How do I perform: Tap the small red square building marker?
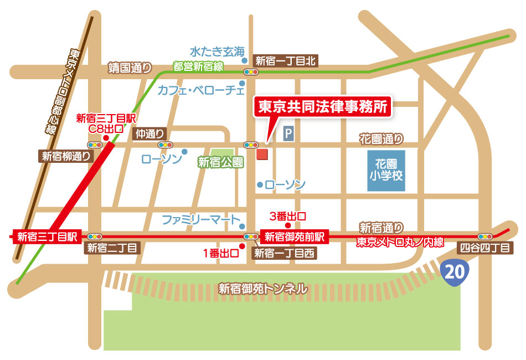pyautogui.click(x=262, y=154)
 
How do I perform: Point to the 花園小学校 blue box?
pyautogui.click(x=386, y=171)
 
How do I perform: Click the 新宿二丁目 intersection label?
pyautogui.click(x=112, y=249)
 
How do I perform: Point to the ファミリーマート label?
pyautogui.click(x=202, y=220)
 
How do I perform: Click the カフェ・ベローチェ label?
pyautogui.click(x=201, y=89)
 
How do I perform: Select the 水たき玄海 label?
pyautogui.click(x=216, y=52)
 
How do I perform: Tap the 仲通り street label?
pyautogui.click(x=150, y=133)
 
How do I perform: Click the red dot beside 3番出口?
pyautogui.click(x=287, y=225)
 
